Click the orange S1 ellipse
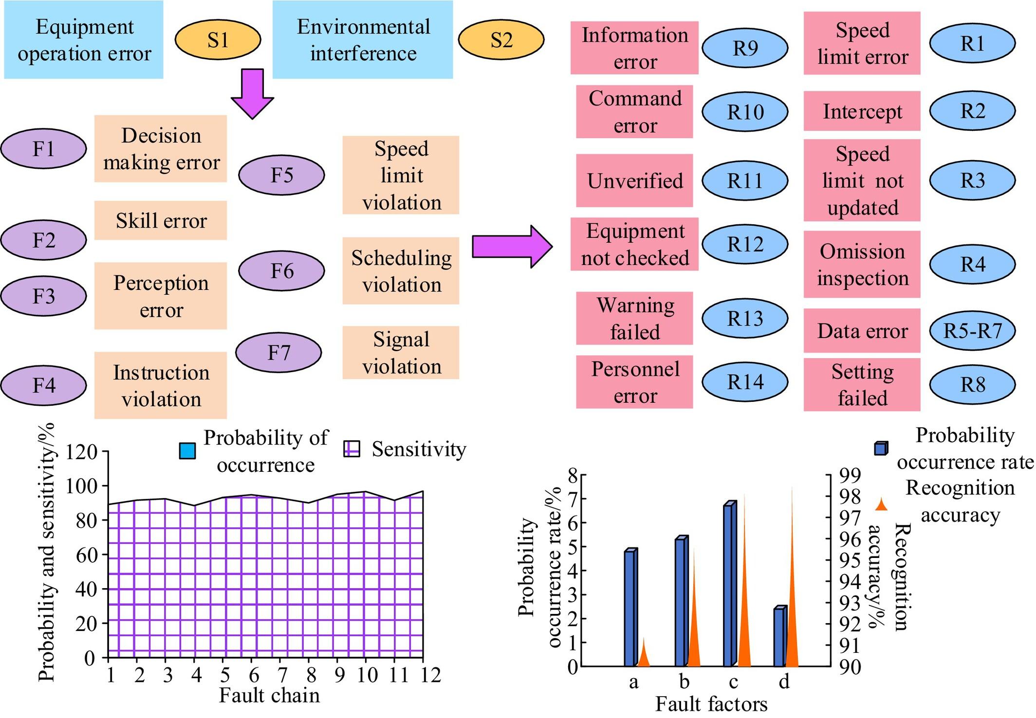coord(218,39)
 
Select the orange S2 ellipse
coord(501,39)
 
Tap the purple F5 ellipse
coord(281,175)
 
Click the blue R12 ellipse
coord(745,244)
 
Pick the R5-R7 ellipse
coord(972,331)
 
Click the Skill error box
coord(161,220)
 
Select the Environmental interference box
coord(363,39)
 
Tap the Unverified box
coord(634,180)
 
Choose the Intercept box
coord(862,111)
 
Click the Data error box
coord(862,331)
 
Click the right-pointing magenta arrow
coord(511,246)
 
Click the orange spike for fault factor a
coord(644,654)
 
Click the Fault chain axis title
coord(269,696)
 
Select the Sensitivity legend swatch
coord(351,449)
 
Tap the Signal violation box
coord(401,353)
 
